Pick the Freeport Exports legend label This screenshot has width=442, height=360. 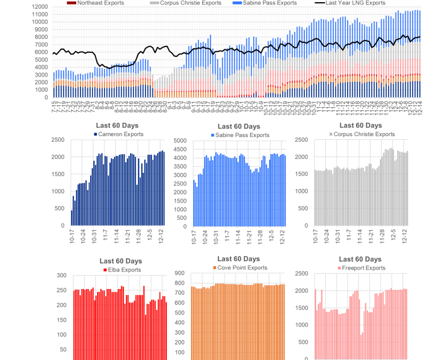363,268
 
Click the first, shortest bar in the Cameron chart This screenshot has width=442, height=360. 71,218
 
